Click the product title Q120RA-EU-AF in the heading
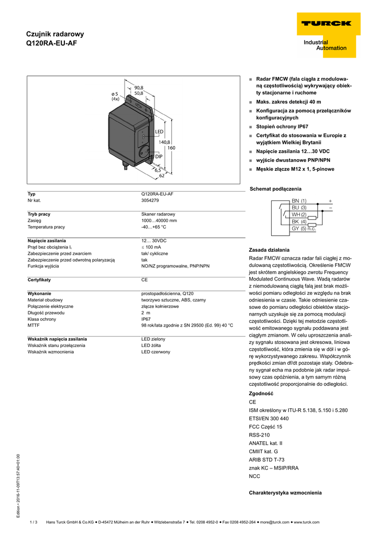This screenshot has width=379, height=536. click(51, 43)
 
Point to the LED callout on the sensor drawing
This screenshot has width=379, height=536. click(159, 131)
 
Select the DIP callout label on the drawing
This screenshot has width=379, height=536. click(159, 157)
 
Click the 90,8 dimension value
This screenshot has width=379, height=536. click(139, 87)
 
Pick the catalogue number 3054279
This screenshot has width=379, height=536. click(150, 200)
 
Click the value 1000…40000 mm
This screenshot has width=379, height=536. click(159, 220)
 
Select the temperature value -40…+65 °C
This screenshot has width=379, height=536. click(153, 227)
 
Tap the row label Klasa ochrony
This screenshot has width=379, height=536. click(42, 319)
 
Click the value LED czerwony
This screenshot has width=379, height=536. click(155, 352)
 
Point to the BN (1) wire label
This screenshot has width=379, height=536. click(299, 201)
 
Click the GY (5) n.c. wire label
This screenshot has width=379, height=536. click(304, 229)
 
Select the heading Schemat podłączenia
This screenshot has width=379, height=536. click(275, 188)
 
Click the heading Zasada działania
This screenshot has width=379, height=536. click(269, 250)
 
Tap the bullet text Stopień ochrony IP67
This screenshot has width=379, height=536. click(282, 127)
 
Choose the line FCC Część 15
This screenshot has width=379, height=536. click(265, 427)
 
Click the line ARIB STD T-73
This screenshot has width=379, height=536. click(266, 460)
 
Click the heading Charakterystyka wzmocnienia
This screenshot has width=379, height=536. click(285, 493)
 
